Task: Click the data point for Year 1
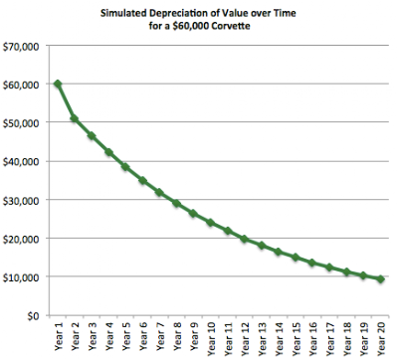pos(58,84)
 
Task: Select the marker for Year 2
pos(75,118)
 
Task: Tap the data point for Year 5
pos(125,167)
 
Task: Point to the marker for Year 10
pos(211,223)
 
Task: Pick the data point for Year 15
pos(296,258)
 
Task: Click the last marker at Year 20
pos(381,279)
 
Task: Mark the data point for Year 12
pos(245,239)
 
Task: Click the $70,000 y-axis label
pos(21,47)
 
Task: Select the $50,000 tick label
pos(21,123)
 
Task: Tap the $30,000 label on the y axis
pos(21,201)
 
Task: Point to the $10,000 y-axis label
pos(21,277)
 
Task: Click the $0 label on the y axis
pos(34,316)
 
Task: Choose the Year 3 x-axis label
pos(93,336)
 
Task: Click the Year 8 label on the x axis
pos(177,336)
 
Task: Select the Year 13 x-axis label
pos(262,339)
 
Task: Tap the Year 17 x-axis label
pos(330,339)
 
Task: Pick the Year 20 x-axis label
pos(381,339)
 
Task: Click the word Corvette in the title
pos(231,26)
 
